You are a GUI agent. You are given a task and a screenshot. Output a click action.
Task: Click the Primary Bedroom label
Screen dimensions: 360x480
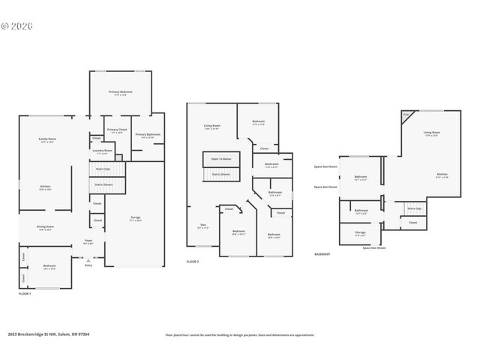pos(120,92)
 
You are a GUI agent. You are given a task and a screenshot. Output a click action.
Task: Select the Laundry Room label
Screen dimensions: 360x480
pos(102,151)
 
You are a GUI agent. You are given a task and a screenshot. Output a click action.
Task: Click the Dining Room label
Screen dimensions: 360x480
pos(45,228)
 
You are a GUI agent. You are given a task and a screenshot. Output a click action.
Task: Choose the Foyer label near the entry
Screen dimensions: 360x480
pos(88,242)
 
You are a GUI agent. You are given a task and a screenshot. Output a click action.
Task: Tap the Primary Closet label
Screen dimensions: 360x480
pos(117,130)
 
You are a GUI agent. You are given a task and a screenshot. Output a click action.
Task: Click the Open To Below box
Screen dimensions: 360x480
pos(220,159)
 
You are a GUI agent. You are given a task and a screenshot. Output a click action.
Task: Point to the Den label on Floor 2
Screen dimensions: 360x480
pos(202,224)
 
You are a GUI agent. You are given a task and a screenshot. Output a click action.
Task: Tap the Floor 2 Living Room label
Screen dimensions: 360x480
pos(211,126)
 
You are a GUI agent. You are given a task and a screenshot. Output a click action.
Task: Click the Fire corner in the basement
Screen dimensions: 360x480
pos(406,115)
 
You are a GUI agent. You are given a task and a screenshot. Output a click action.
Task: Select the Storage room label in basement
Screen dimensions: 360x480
pos(360,233)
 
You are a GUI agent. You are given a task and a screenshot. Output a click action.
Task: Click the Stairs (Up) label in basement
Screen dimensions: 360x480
pos(413,208)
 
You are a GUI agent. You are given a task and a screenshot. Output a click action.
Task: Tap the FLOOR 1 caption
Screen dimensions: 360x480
pos(25,294)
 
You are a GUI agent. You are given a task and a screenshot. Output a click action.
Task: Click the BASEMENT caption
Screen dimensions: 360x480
pos(322,254)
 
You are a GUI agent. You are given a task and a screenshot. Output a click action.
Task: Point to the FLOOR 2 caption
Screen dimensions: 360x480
pos(193,262)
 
